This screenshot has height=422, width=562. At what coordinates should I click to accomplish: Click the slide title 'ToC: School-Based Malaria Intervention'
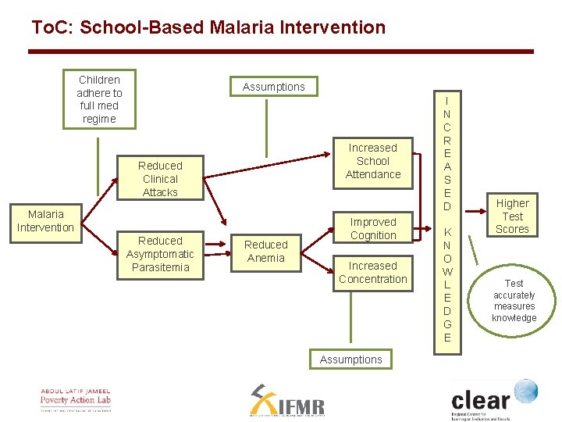208,27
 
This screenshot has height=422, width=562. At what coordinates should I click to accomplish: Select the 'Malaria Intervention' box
45,221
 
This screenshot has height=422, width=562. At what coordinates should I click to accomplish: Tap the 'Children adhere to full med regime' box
99,99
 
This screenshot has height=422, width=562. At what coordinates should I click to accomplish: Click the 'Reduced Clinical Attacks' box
160,179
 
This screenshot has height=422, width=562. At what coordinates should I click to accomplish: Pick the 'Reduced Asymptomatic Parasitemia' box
160,254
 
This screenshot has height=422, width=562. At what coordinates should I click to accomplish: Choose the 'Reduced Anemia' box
265,252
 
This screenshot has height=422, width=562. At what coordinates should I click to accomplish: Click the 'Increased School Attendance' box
372,161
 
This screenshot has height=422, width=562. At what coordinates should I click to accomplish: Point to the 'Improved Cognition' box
372,229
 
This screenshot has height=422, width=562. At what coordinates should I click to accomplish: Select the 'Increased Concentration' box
372,273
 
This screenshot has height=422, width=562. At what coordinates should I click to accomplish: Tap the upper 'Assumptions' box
273,87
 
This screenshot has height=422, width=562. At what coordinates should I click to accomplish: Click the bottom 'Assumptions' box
350,359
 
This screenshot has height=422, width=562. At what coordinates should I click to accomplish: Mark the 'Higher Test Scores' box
512,216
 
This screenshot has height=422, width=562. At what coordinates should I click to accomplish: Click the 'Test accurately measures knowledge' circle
514,301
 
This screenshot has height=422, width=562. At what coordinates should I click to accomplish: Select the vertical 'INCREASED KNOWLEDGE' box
446,219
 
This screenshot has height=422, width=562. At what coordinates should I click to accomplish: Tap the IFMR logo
286,401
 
